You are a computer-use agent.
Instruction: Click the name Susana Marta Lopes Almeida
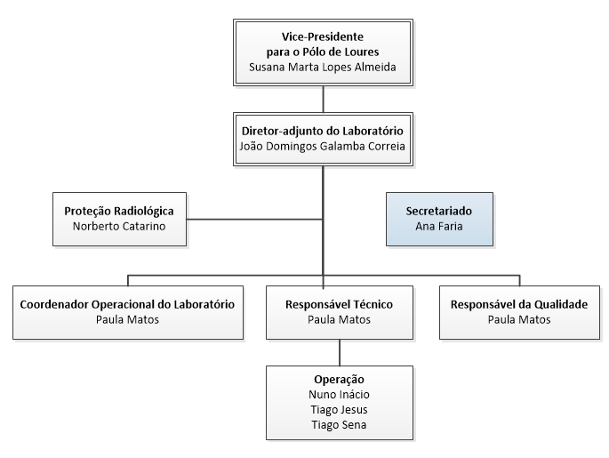[323, 67]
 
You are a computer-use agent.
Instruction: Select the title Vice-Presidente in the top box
[323, 37]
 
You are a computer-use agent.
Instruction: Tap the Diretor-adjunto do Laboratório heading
[323, 130]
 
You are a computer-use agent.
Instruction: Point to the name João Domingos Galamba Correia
[323, 146]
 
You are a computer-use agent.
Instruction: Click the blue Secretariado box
[438, 219]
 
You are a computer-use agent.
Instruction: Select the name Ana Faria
[438, 227]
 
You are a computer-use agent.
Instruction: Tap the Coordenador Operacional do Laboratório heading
[126, 303]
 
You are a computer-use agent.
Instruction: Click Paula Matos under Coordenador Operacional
[126, 319]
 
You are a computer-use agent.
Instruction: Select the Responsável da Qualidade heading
[519, 303]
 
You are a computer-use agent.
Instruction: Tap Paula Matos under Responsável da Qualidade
[519, 319]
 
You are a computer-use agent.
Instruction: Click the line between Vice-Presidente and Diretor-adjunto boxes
[323, 98]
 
